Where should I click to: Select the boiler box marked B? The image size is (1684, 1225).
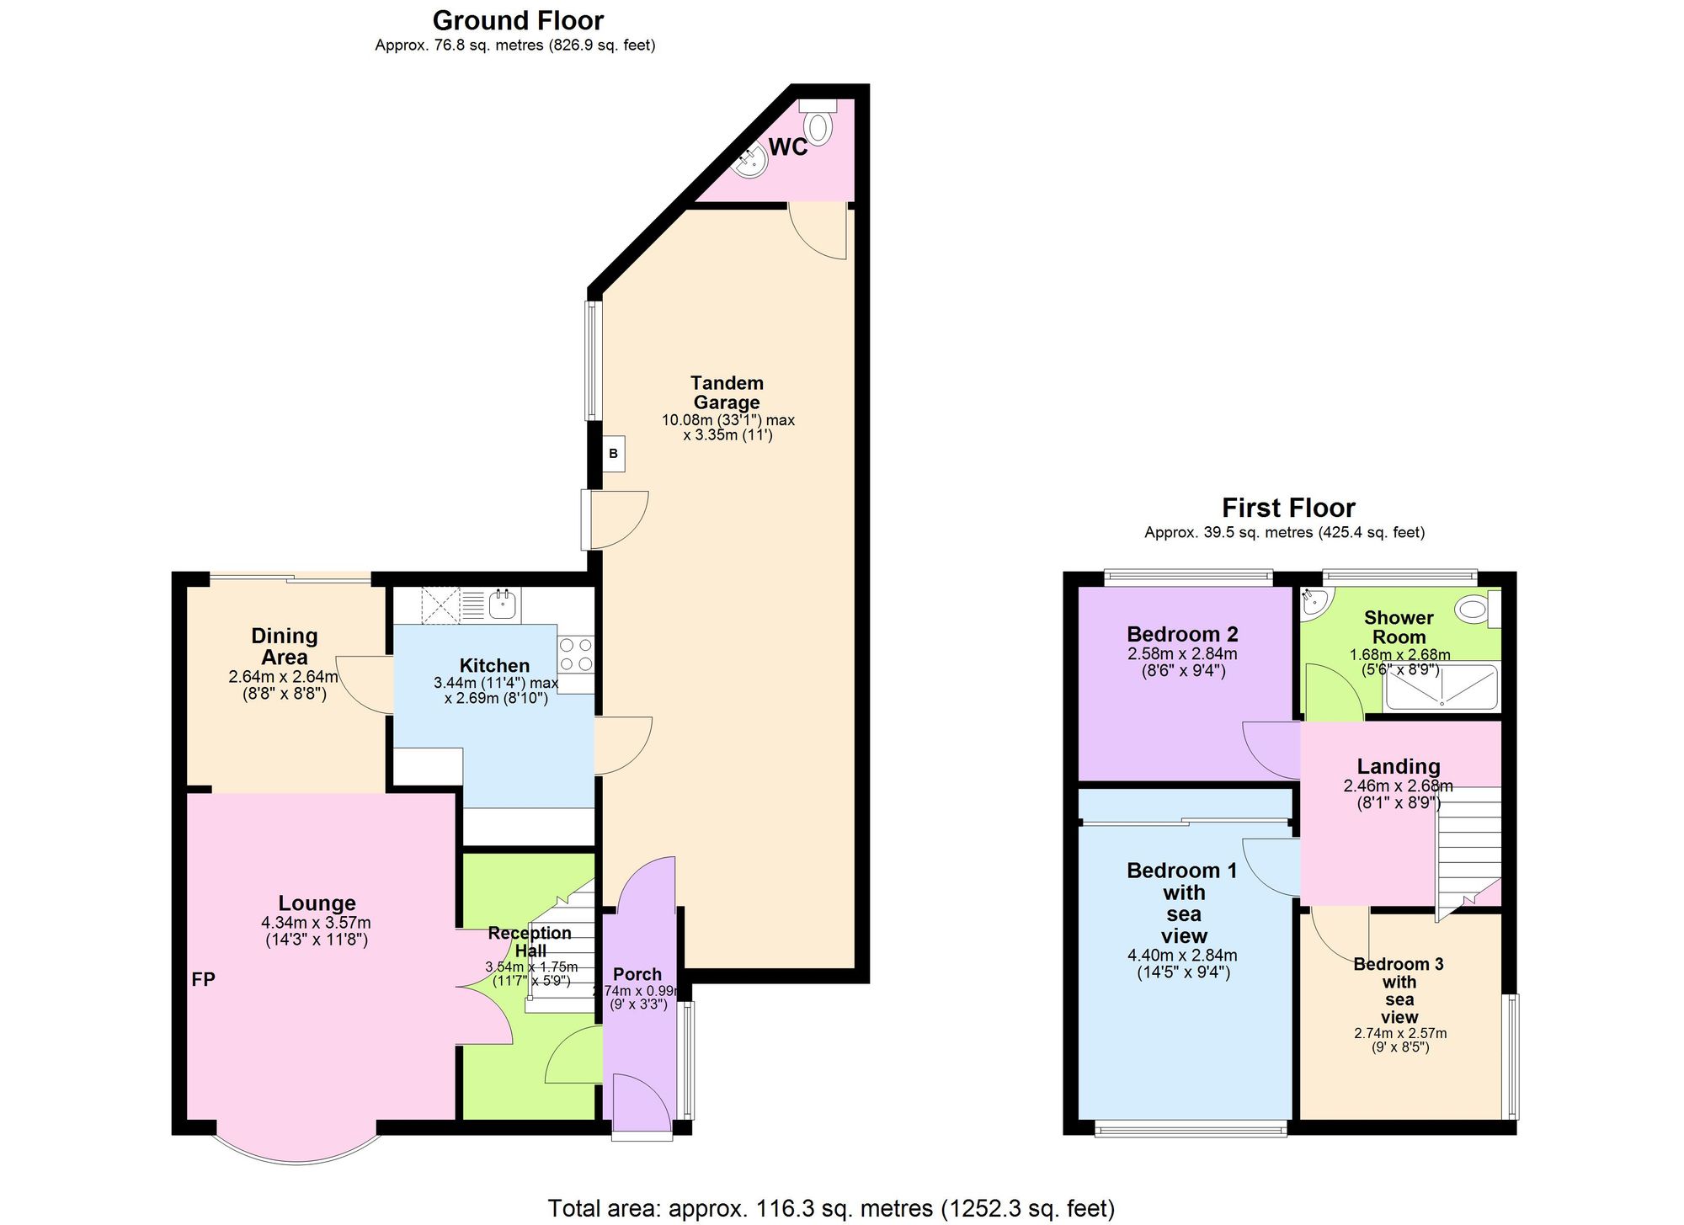pyautogui.click(x=613, y=454)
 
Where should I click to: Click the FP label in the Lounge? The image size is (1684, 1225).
pyautogui.click(x=203, y=979)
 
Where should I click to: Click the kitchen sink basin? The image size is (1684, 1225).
pyautogui.click(x=504, y=602)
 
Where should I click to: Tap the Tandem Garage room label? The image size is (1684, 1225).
pyautogui.click(x=726, y=392)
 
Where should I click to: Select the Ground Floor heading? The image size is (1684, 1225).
pyautogui.click(x=517, y=20)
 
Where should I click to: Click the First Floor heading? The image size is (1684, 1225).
pyautogui.click(x=1287, y=508)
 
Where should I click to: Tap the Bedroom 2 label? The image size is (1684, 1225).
pyautogui.click(x=1182, y=634)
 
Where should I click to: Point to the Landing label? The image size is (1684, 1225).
pyautogui.click(x=1398, y=766)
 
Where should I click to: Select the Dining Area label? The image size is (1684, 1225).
pyautogui.click(x=284, y=647)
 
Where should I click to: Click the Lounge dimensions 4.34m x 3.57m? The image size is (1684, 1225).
pyautogui.click(x=316, y=924)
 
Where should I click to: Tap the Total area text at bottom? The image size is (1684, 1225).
pyautogui.click(x=830, y=1208)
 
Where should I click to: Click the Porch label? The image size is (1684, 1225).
pyautogui.click(x=637, y=974)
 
